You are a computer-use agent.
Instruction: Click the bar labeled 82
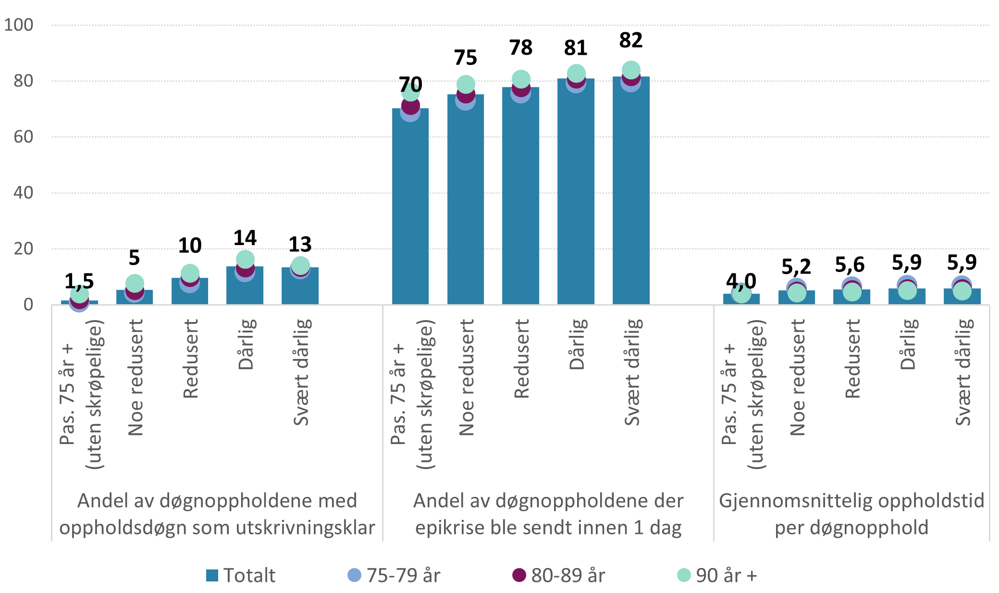coord(631,192)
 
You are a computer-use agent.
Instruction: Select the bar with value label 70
coord(410,207)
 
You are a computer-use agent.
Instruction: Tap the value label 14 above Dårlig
coord(245,238)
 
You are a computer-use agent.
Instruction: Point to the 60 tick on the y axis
coord(24,137)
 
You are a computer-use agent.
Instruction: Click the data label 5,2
coord(796,266)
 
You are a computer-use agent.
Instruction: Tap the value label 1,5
coord(79,281)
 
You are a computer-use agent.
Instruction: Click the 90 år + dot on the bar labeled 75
coord(466,85)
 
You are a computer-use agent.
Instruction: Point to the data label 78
coord(521,48)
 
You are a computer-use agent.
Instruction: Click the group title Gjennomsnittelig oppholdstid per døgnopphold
coord(851,514)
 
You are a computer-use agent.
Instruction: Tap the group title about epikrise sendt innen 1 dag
coord(548,514)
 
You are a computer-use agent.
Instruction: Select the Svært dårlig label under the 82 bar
coord(632,372)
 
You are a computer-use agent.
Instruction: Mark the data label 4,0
coord(741,281)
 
